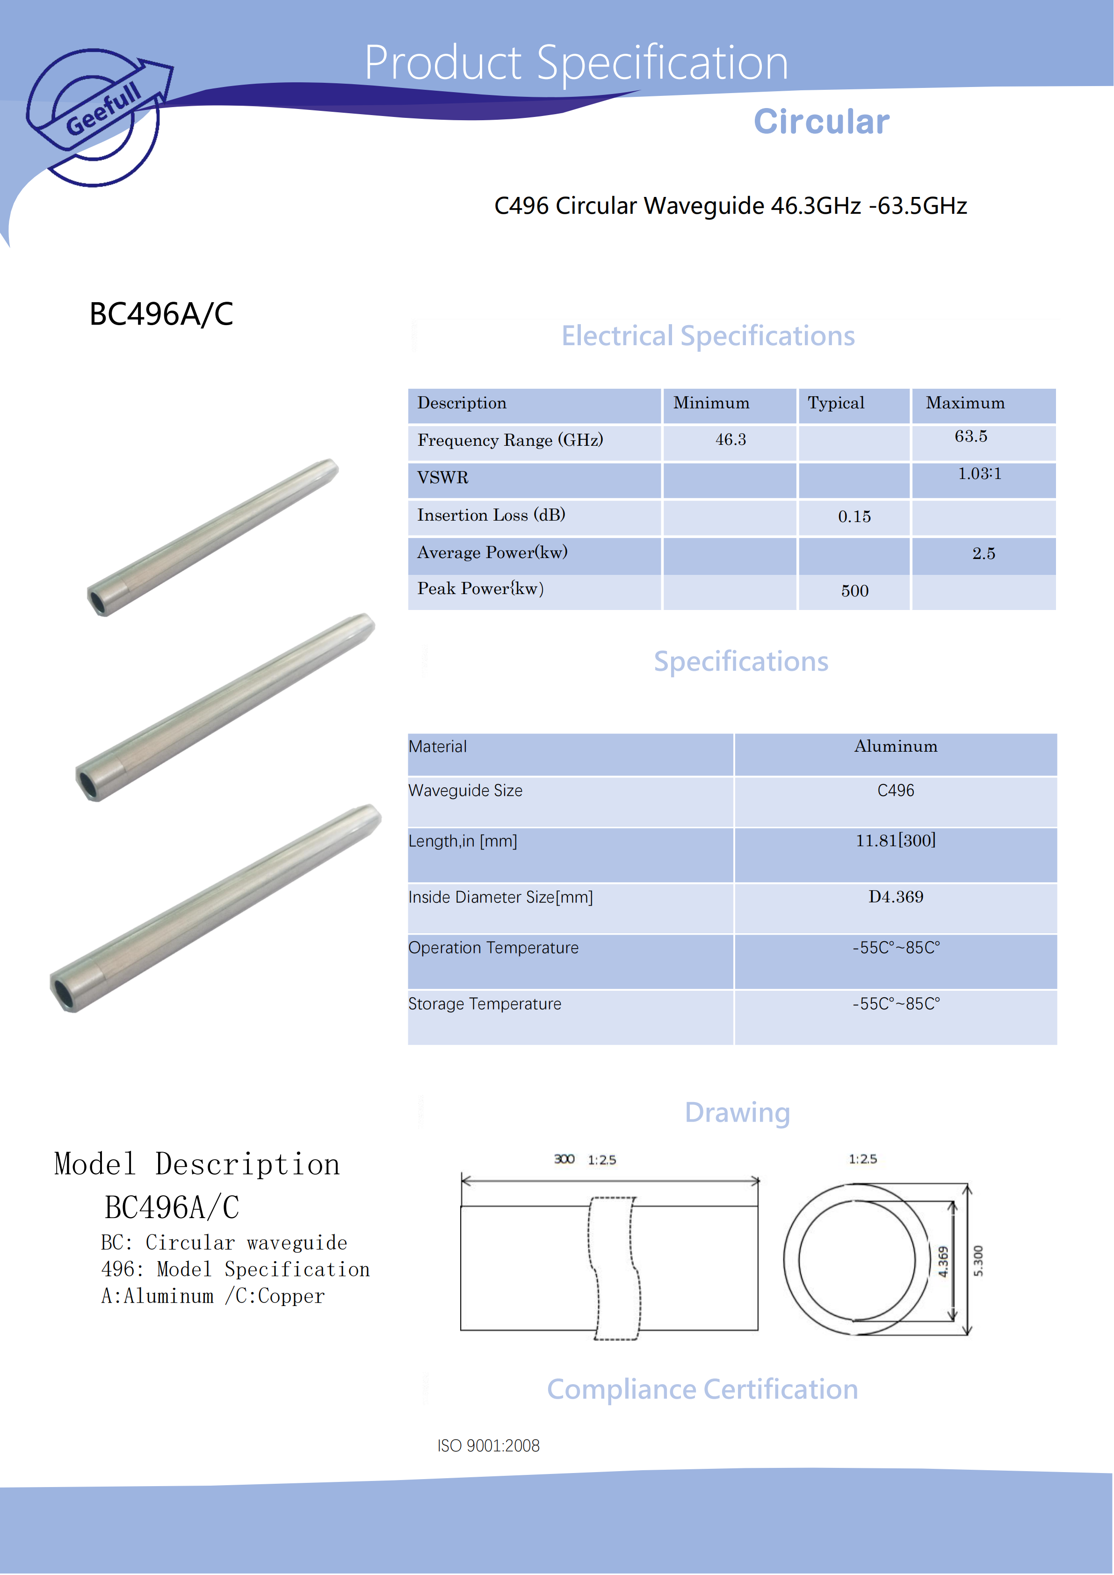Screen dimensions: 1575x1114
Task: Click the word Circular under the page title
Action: [821, 122]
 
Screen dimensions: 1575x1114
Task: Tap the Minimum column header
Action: [711, 403]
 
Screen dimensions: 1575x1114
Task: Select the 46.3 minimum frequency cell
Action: [731, 440]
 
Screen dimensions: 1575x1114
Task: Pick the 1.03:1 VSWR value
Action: [979, 474]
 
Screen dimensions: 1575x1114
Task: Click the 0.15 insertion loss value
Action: [854, 517]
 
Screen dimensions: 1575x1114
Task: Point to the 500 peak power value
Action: [855, 591]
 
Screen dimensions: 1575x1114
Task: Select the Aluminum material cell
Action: [895, 747]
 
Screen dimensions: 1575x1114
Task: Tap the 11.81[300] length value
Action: [895, 841]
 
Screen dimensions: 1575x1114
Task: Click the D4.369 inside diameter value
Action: [895, 897]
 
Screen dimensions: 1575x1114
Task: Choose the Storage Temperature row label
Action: [485, 1004]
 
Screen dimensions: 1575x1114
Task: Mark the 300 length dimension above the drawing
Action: [564, 1159]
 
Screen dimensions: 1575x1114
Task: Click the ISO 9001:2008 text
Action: [488, 1446]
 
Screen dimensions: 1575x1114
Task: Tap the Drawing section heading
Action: [738, 1113]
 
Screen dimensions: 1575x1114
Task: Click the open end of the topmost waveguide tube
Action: [98, 602]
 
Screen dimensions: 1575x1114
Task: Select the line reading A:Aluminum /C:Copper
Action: [213, 1297]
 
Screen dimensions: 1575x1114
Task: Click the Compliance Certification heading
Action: [702, 1390]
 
